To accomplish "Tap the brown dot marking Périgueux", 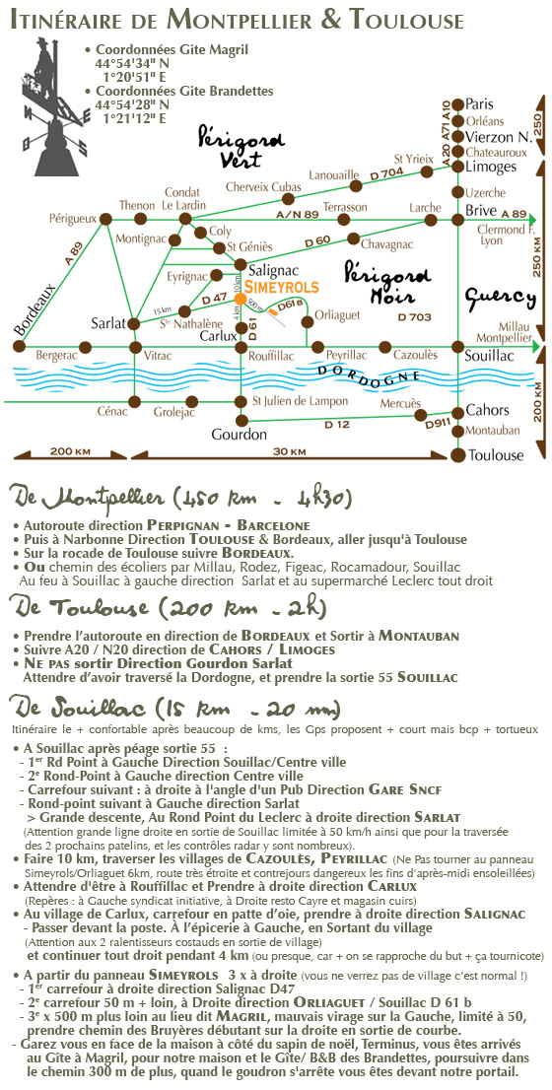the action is pos(105,219).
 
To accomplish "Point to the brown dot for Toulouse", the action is pos(457,455).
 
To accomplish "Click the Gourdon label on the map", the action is pos(239,436).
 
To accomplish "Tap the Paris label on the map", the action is pos(480,104).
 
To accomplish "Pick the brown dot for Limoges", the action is pos(457,167).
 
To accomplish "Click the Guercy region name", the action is pos(501,299).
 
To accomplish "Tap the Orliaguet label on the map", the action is pos(337,315).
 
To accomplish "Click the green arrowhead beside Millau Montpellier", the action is pos(533,346).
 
